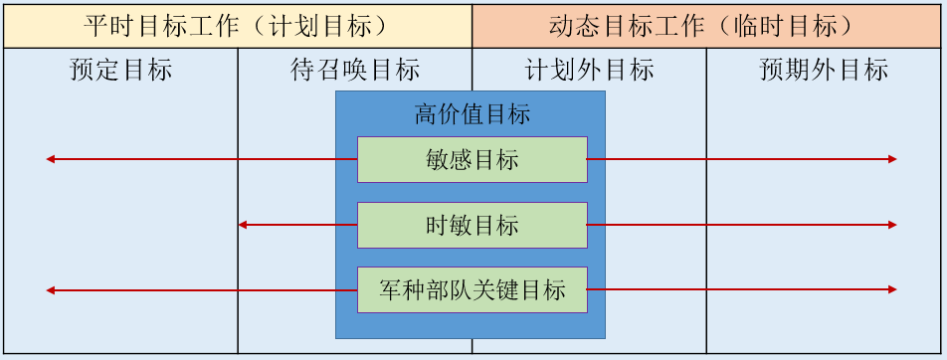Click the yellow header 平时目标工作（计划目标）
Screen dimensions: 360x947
pos(237,26)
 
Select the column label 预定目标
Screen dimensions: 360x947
pos(120,70)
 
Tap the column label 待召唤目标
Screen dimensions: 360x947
pos(355,70)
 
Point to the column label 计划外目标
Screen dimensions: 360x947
pos(589,70)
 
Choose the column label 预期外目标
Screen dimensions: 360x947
pos(824,70)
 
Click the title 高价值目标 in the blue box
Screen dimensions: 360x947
pos(472,113)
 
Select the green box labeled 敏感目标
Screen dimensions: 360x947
pos(472,159)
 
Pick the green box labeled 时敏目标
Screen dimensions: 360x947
pos(472,225)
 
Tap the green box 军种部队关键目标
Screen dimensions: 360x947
pos(472,290)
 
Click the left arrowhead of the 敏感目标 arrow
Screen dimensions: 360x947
pos(50,159)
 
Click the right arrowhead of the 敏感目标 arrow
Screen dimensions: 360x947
pos(893,159)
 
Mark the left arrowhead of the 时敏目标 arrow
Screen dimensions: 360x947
pos(242,225)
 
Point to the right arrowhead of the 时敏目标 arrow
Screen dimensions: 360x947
pos(893,225)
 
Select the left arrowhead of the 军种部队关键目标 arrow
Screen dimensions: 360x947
pos(50,290)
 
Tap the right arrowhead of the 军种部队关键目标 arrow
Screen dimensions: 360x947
pos(893,290)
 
